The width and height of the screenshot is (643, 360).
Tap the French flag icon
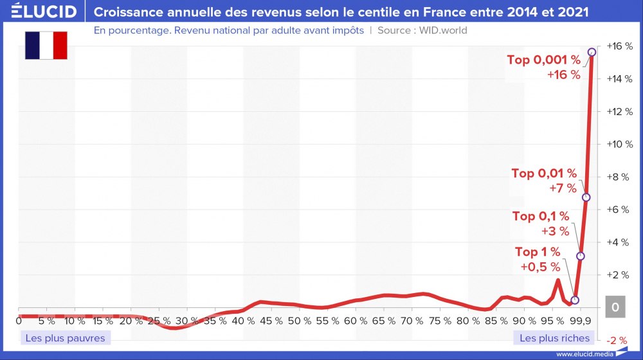pyautogui.click(x=46, y=45)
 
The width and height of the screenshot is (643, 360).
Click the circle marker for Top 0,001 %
pyautogui.click(x=592, y=52)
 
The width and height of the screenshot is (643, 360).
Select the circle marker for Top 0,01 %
pyautogui.click(x=586, y=197)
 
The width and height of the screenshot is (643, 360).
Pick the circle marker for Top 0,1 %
pyautogui.click(x=581, y=256)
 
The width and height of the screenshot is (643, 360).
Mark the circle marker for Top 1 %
pyautogui.click(x=575, y=300)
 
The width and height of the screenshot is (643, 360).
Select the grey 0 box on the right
pyautogui.click(x=615, y=308)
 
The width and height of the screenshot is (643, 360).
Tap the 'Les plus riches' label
pyautogui.click(x=554, y=337)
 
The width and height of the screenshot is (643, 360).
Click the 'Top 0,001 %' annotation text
pyautogui.click(x=543, y=60)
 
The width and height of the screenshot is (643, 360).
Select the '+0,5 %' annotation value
pyautogui.click(x=540, y=266)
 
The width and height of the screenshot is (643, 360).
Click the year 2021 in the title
pyautogui.click(x=575, y=12)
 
